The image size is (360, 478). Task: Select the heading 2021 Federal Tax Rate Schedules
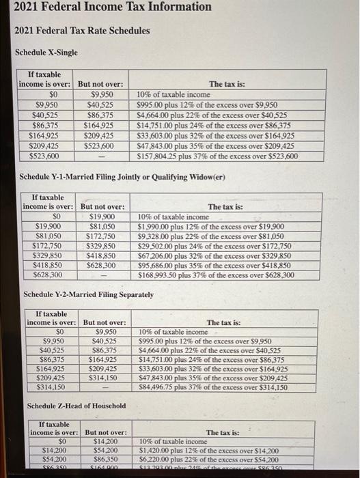83,31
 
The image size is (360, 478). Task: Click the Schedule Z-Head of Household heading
76,406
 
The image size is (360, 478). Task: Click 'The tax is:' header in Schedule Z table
223,433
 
